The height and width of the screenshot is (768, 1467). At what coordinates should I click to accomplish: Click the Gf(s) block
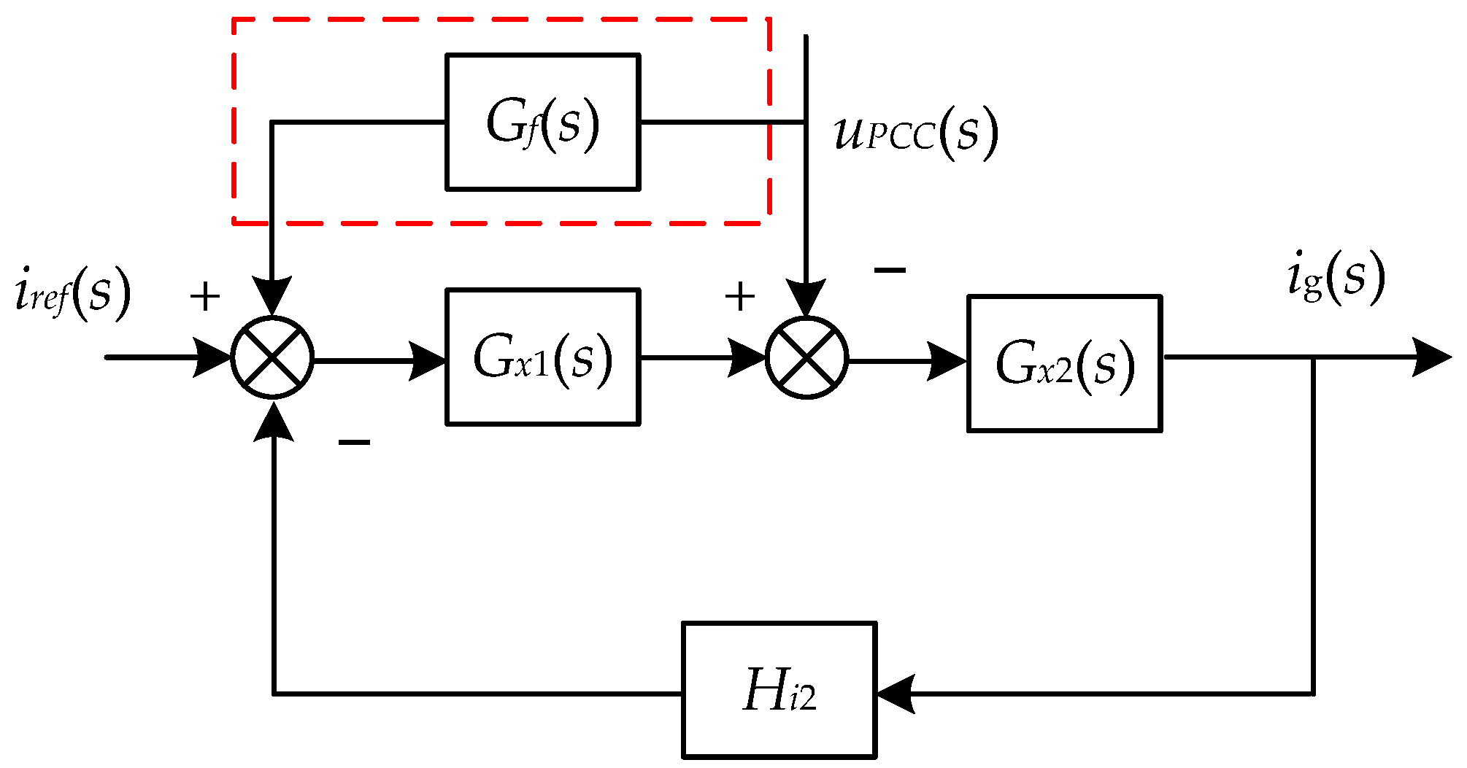click(542, 122)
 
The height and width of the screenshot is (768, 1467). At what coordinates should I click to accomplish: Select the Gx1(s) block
click(542, 357)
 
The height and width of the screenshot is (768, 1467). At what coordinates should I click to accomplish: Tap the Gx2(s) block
click(1064, 363)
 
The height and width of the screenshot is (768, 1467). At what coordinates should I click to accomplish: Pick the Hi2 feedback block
click(779, 689)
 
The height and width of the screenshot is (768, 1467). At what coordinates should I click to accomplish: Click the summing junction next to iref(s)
click(272, 358)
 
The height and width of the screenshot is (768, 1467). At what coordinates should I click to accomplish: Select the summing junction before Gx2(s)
click(806, 358)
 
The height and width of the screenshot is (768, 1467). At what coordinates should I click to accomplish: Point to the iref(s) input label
click(72, 293)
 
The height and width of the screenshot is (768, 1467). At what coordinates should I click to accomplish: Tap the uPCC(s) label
click(915, 133)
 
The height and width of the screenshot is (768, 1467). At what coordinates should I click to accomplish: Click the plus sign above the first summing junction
click(205, 297)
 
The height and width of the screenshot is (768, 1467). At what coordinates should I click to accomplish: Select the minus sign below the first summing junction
click(354, 442)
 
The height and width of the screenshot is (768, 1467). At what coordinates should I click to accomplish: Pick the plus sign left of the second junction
click(739, 297)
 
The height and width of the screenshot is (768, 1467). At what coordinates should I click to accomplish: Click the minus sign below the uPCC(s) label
click(890, 271)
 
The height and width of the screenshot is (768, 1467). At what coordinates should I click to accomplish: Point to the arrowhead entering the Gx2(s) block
click(947, 361)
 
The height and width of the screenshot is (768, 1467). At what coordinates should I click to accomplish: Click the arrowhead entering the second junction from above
click(806, 298)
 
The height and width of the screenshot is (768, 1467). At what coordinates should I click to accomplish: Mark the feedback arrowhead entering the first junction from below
click(274, 423)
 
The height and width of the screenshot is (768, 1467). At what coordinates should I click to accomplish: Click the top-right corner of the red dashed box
click(769, 20)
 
